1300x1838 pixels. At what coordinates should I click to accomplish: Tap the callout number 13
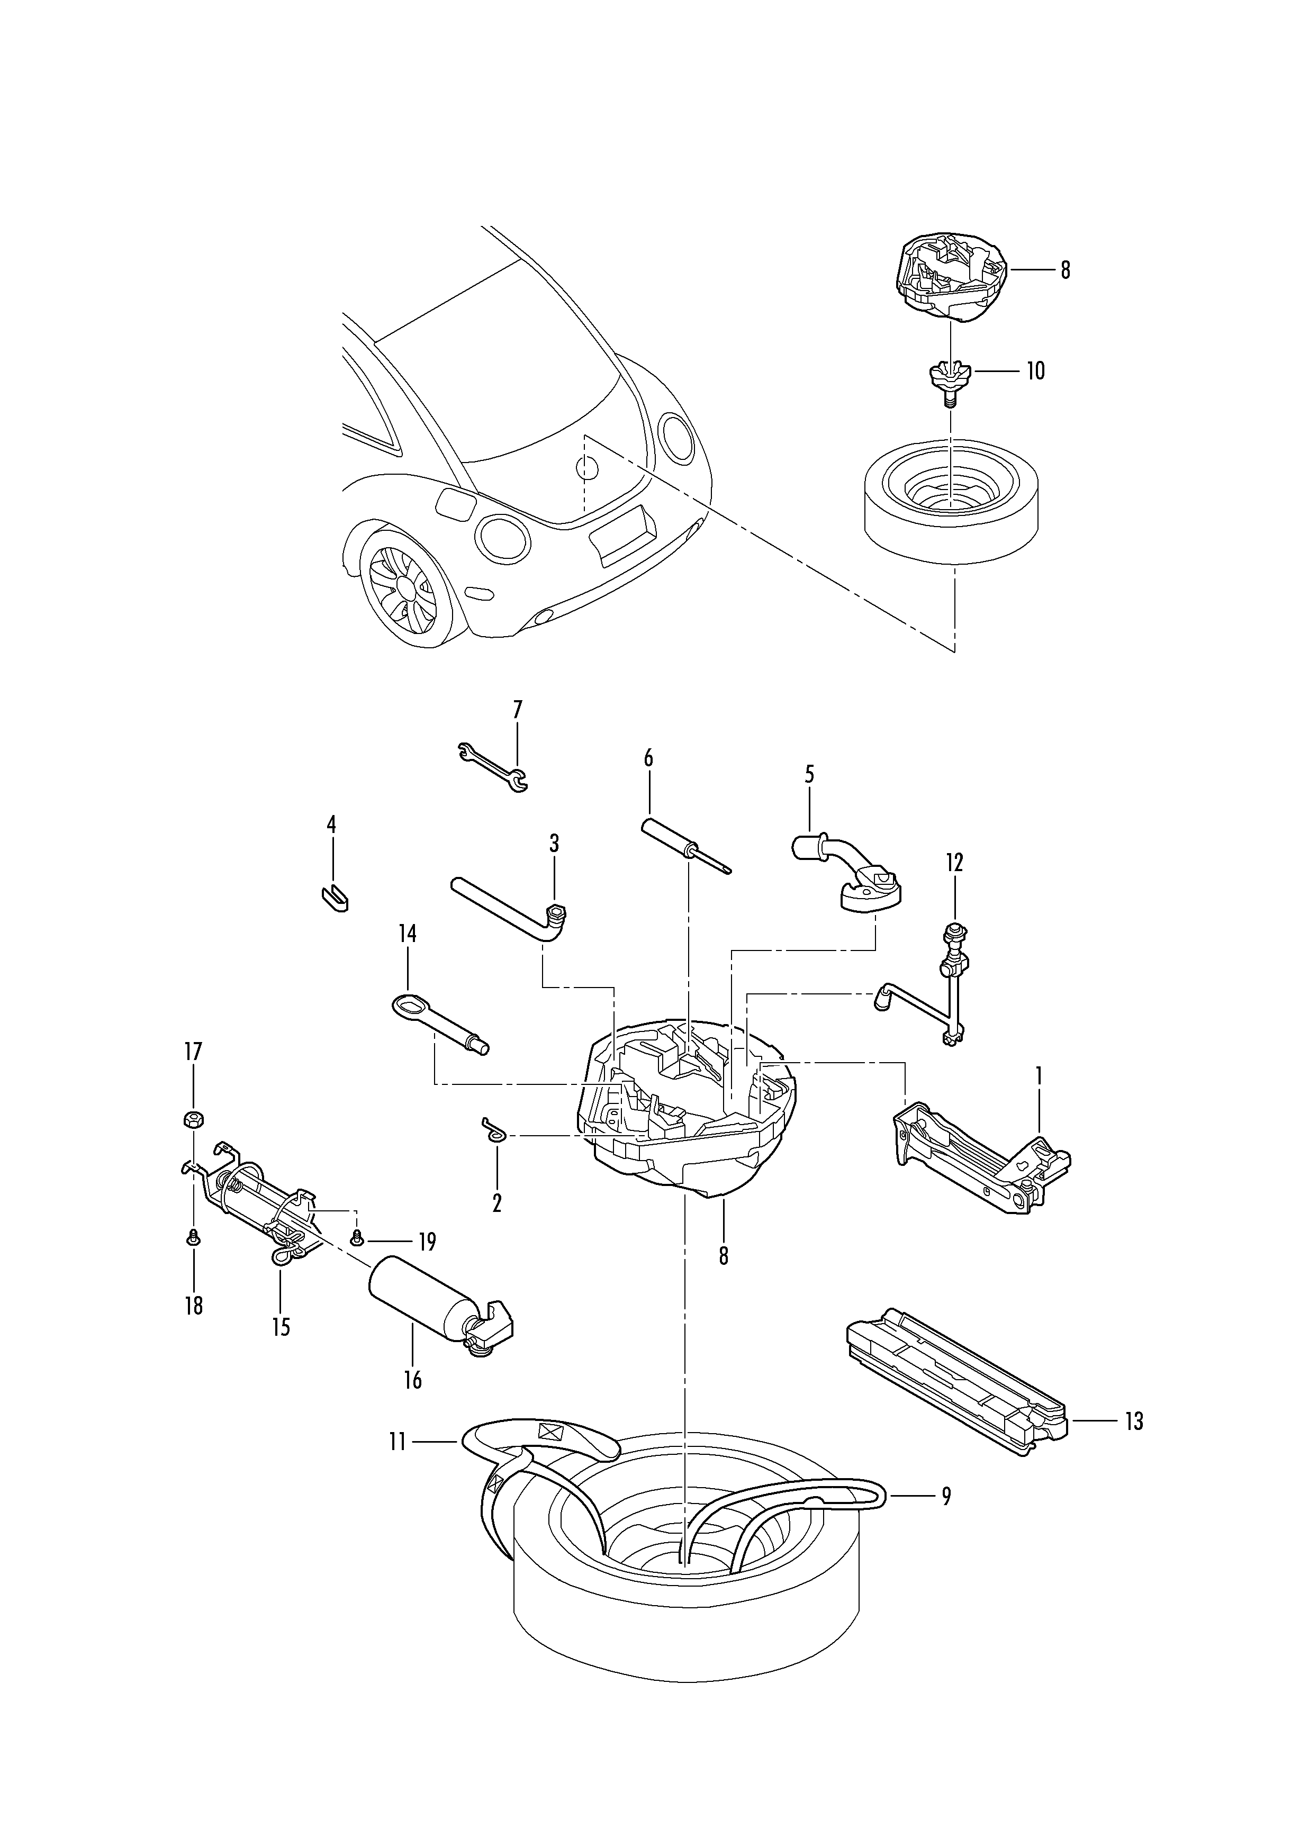pyautogui.click(x=1133, y=1421)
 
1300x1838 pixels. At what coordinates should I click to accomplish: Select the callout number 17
pyautogui.click(x=194, y=1051)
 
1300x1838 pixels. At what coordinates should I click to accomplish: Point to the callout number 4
pyautogui.click(x=331, y=825)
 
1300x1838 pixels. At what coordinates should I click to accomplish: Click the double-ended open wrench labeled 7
pyautogui.click(x=492, y=766)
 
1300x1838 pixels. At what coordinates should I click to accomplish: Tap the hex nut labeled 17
pyautogui.click(x=194, y=1118)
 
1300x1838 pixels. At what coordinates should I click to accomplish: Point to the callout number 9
pyautogui.click(x=946, y=1496)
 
